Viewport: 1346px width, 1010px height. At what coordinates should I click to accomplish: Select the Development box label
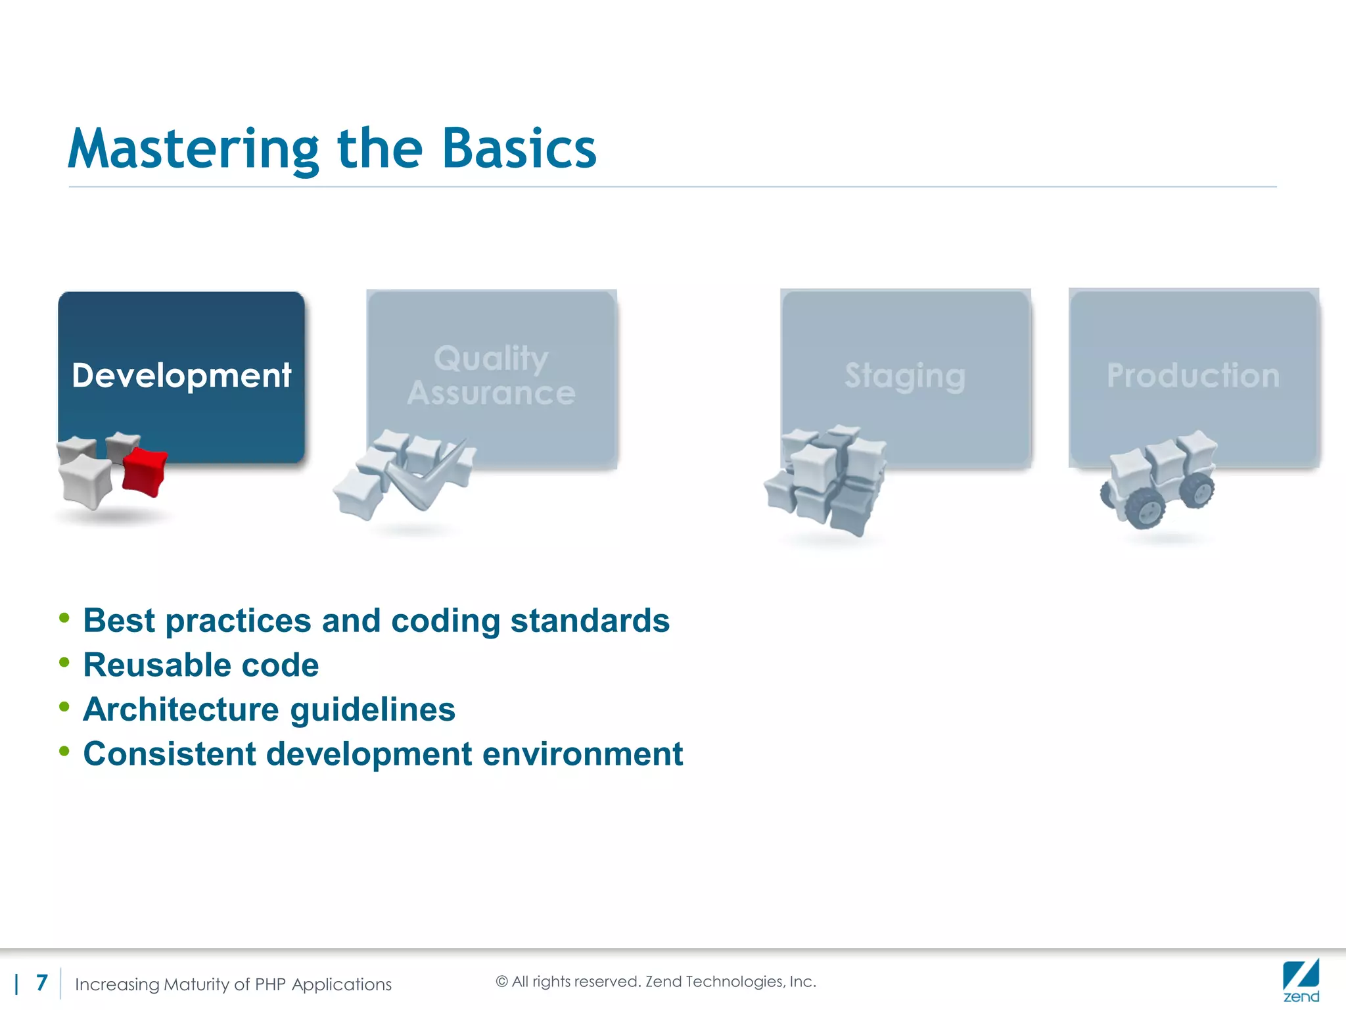click(181, 375)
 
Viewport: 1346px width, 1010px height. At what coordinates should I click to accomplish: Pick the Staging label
click(905, 375)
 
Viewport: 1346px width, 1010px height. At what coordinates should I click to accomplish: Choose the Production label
click(1193, 375)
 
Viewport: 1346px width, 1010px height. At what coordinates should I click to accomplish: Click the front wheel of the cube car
click(1145, 508)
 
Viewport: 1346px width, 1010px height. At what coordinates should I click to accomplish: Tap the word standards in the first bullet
click(590, 621)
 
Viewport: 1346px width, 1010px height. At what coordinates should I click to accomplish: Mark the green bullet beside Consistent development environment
click(64, 751)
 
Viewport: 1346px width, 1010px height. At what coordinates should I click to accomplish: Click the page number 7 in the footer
click(42, 982)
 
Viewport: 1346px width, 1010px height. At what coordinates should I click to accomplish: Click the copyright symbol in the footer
click(501, 982)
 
